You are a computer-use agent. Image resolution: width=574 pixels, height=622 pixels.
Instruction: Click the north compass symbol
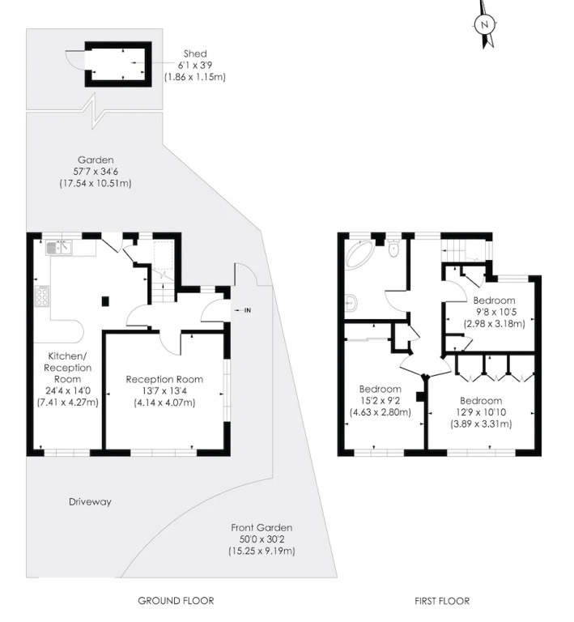click(x=484, y=23)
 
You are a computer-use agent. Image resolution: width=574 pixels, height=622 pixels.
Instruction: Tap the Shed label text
click(x=195, y=53)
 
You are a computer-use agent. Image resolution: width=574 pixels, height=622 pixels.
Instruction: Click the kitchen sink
click(x=58, y=248)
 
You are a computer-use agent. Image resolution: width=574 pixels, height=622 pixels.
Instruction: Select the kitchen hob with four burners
click(x=42, y=296)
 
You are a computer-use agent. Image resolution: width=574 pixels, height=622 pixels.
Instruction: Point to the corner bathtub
click(x=359, y=253)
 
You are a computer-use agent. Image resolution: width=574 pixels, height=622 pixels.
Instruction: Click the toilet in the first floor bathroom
click(x=393, y=249)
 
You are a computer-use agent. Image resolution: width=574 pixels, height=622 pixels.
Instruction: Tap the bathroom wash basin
click(x=351, y=303)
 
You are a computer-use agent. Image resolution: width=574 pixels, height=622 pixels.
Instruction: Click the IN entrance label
click(x=248, y=311)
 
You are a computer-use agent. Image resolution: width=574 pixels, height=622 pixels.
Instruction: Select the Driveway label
click(x=90, y=502)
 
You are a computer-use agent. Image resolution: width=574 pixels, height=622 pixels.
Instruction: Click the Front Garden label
click(x=261, y=527)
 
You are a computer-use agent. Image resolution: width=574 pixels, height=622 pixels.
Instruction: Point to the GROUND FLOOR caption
click(x=176, y=601)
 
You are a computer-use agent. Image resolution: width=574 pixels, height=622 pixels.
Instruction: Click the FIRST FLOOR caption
click(x=442, y=602)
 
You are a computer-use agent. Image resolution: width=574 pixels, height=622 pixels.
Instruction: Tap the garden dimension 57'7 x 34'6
click(x=96, y=172)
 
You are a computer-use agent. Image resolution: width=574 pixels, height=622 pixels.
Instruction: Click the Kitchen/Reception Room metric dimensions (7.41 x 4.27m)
click(x=68, y=403)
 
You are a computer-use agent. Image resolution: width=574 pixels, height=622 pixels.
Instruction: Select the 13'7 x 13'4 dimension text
click(x=164, y=391)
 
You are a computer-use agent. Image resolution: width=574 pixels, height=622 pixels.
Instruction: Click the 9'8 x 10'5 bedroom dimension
click(x=495, y=312)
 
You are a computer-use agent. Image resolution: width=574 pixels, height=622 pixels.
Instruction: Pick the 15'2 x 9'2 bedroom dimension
click(x=381, y=401)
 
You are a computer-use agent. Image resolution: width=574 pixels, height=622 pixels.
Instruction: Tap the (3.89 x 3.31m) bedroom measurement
click(x=481, y=424)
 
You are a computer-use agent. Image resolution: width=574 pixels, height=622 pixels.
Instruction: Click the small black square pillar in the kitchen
click(x=105, y=301)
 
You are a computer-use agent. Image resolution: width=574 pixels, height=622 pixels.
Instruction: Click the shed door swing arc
click(x=72, y=59)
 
